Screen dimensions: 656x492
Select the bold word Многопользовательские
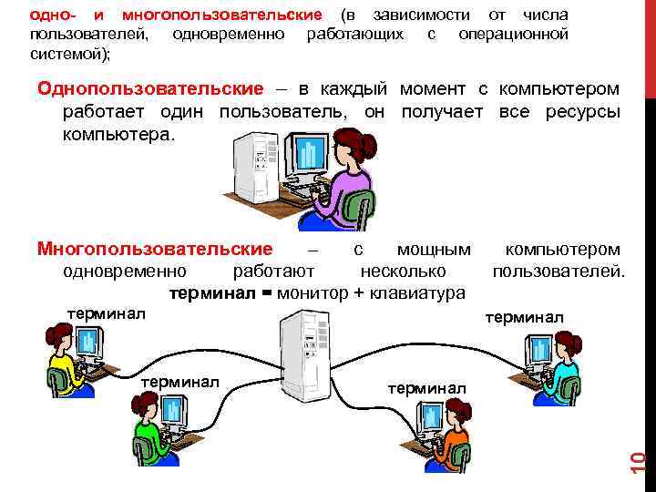(x=154, y=249)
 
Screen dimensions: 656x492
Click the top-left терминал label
(x=106, y=314)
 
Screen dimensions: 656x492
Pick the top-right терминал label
(x=524, y=317)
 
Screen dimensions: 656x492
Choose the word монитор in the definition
(x=309, y=293)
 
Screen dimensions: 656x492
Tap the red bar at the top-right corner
(x=651, y=46)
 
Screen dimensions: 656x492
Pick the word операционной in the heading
(x=514, y=35)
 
